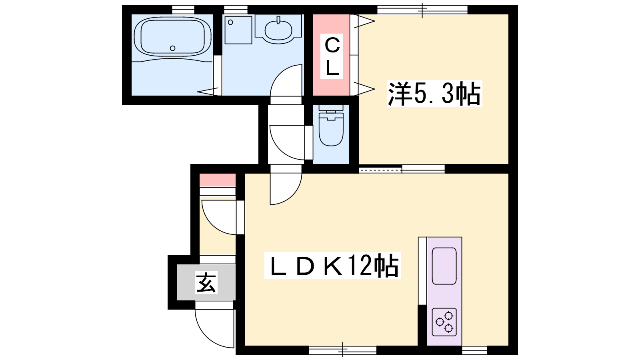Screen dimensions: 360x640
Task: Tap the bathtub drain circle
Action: pos(172,48)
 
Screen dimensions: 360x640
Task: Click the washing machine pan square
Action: pos(238,30)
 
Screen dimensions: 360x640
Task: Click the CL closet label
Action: pos(332,56)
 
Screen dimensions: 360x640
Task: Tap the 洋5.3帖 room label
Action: pos(434,94)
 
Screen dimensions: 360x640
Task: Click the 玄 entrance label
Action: pos(206,282)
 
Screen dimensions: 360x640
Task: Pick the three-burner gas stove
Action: pos(444,322)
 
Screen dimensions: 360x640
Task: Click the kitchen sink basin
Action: pos(444,266)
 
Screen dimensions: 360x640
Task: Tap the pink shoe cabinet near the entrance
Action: pos(218,180)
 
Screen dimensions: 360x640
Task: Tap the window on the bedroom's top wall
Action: pos(422,9)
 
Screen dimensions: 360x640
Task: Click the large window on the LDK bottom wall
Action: pos(343,350)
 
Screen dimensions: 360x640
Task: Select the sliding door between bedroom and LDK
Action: pos(402,169)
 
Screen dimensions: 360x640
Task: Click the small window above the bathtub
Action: pos(183,9)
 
